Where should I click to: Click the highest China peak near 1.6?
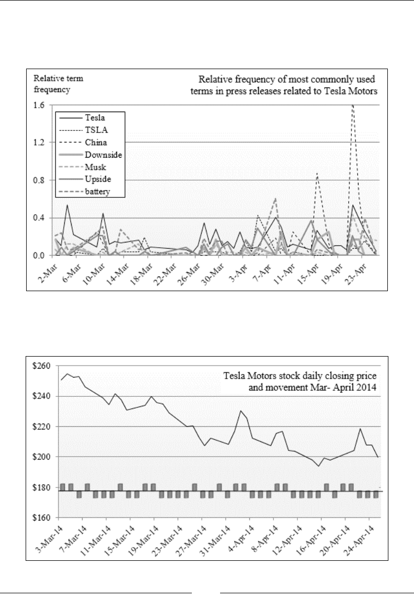(353, 105)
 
